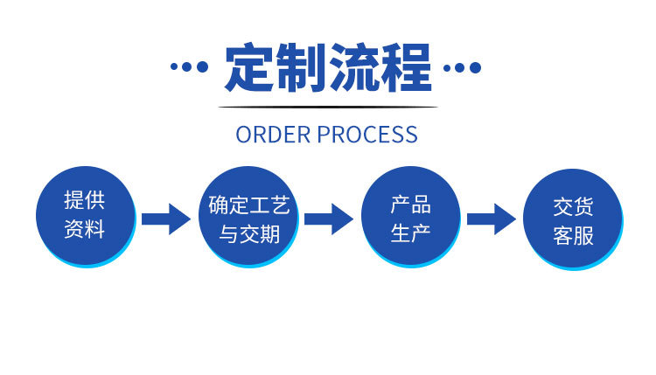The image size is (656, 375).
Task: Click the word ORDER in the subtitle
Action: tap(273, 135)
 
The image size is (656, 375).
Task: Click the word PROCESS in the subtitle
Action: tap(367, 135)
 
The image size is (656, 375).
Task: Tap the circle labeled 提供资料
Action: tap(85, 216)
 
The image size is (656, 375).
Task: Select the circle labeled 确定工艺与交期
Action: tap(248, 218)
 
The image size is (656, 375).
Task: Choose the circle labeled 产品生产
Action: tap(410, 217)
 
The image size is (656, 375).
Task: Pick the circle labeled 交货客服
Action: tap(573, 219)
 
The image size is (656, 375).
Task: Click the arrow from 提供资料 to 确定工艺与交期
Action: tap(166, 219)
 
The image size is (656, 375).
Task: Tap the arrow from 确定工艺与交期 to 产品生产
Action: tap(329, 219)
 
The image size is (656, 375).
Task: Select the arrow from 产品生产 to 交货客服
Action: tap(492, 219)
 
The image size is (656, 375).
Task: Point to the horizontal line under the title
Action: tap(328, 108)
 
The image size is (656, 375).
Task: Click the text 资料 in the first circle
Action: tap(85, 231)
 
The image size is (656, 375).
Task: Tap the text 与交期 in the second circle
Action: tap(248, 234)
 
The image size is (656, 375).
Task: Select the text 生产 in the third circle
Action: tap(410, 233)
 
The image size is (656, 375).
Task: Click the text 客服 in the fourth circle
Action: tap(573, 236)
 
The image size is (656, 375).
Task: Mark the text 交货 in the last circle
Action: tap(573, 207)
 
